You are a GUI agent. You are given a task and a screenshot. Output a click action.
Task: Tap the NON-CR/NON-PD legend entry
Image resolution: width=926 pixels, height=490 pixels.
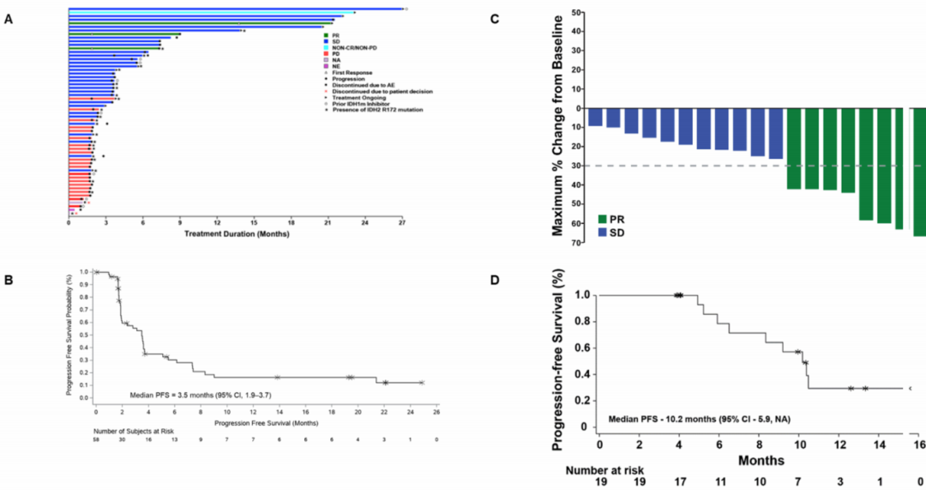coord(354,46)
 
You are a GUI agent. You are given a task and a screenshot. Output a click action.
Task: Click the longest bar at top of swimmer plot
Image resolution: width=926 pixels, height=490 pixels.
coord(236,9)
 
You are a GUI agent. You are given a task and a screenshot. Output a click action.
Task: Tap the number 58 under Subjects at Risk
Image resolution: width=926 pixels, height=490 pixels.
coord(97,439)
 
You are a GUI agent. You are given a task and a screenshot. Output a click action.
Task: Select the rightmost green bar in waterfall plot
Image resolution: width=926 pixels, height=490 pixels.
coord(918,172)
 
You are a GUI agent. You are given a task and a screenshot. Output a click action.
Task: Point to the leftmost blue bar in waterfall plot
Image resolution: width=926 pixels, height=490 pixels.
coord(595,117)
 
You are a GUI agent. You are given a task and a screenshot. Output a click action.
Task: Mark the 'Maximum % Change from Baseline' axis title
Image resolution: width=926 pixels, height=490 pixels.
coord(557,130)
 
